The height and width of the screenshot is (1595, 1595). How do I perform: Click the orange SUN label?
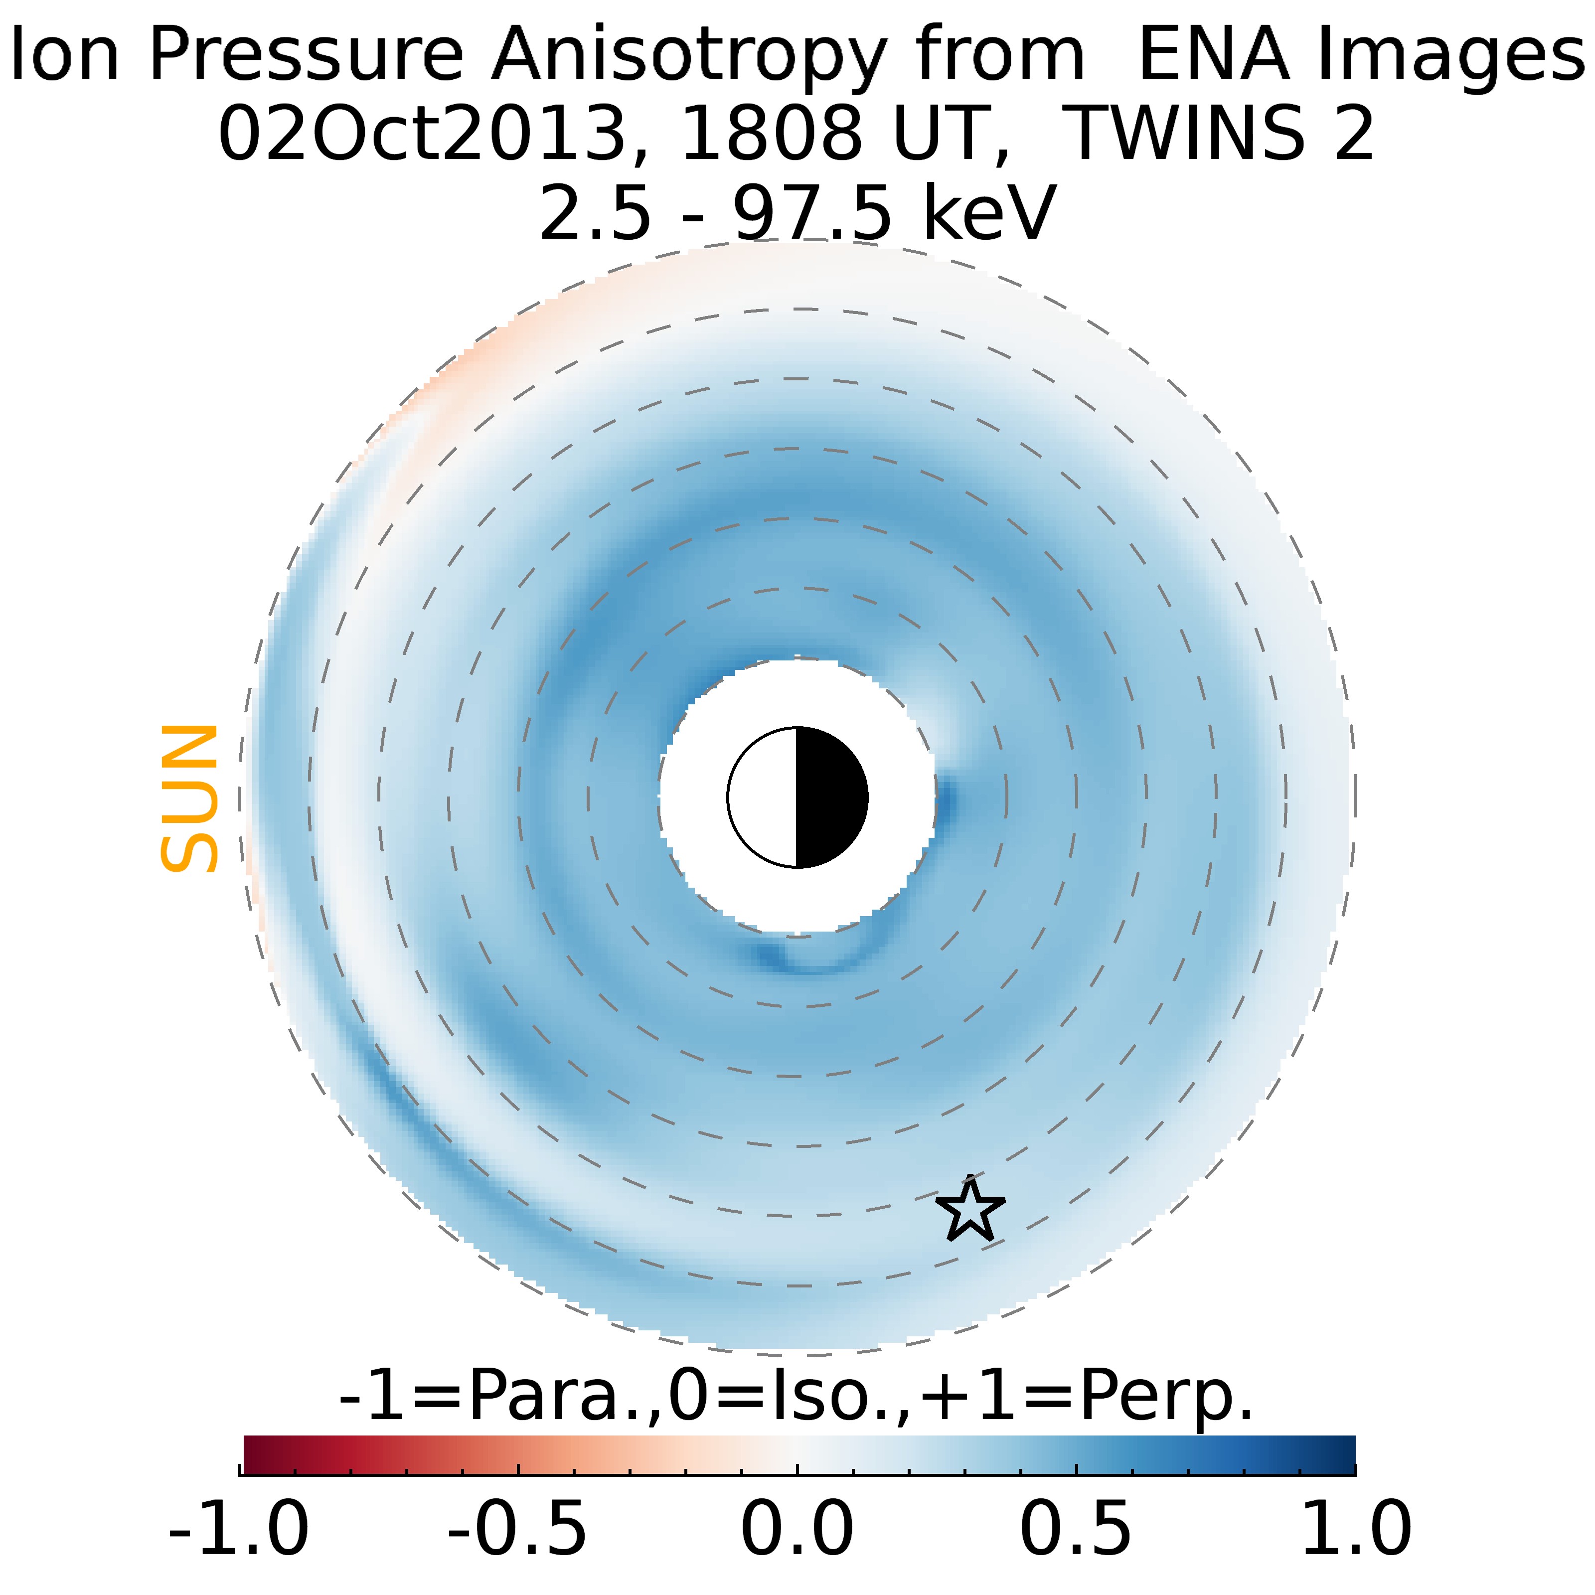pos(189,798)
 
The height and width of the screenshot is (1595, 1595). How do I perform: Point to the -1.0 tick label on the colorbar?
pos(239,1528)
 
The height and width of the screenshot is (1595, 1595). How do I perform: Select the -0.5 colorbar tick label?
pos(518,1528)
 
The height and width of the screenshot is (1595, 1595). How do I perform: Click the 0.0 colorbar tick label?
pos(797,1528)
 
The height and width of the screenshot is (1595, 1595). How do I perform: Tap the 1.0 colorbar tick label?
pos(1356,1528)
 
